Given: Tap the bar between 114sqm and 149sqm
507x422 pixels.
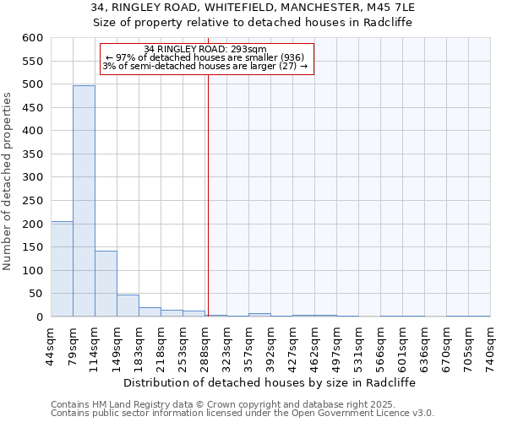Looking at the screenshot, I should click(106, 284).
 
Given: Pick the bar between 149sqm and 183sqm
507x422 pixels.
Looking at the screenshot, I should click(128, 306).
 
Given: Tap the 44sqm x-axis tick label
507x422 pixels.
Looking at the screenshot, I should click(52, 346).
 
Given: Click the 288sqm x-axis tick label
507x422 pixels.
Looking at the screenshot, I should click(205, 346).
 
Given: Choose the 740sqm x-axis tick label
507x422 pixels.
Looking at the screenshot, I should click(490, 346).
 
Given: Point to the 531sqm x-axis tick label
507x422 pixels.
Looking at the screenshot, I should click(359, 346).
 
